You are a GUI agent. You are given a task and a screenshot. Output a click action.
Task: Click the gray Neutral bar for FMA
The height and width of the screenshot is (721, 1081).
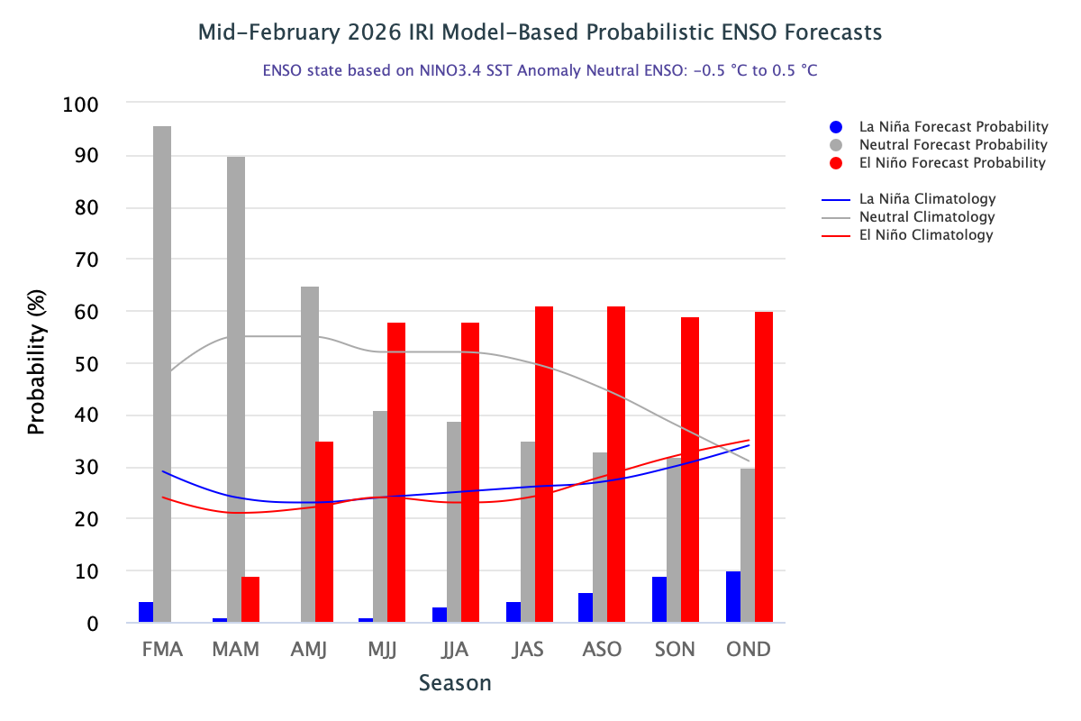coord(162,374)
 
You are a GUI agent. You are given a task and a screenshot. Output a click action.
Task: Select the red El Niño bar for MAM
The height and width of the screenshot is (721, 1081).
coord(250,599)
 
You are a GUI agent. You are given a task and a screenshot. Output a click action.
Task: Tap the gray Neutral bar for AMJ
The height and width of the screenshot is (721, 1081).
coord(309,454)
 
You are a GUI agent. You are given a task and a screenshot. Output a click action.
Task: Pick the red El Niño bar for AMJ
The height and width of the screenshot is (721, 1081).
coord(324,532)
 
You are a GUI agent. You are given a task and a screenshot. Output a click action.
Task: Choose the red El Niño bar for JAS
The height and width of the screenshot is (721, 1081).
coord(543,464)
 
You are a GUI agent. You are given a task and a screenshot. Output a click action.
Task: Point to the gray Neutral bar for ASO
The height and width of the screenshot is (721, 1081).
coord(601,537)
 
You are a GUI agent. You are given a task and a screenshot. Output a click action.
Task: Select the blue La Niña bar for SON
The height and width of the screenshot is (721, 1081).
coord(659,599)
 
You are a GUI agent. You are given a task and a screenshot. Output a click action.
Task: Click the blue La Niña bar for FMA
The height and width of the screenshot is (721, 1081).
coord(146,612)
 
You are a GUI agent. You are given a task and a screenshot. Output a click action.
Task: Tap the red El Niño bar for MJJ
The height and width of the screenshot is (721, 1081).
coord(396,472)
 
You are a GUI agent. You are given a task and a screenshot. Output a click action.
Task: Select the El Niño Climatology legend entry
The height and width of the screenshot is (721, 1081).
coord(925,235)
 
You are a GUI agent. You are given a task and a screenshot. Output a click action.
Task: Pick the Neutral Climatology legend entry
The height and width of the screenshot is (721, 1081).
coord(927,217)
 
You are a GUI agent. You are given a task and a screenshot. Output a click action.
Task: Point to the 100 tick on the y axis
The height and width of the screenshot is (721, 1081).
coord(81,105)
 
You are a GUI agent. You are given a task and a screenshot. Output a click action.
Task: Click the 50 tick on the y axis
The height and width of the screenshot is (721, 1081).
coord(87,364)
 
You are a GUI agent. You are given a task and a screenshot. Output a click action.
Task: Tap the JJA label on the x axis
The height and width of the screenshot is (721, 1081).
coord(455,650)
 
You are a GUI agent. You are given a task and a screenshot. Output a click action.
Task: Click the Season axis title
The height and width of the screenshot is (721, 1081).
coord(455,683)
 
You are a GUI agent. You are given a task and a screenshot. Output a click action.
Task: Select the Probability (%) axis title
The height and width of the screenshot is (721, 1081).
coord(36,364)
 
